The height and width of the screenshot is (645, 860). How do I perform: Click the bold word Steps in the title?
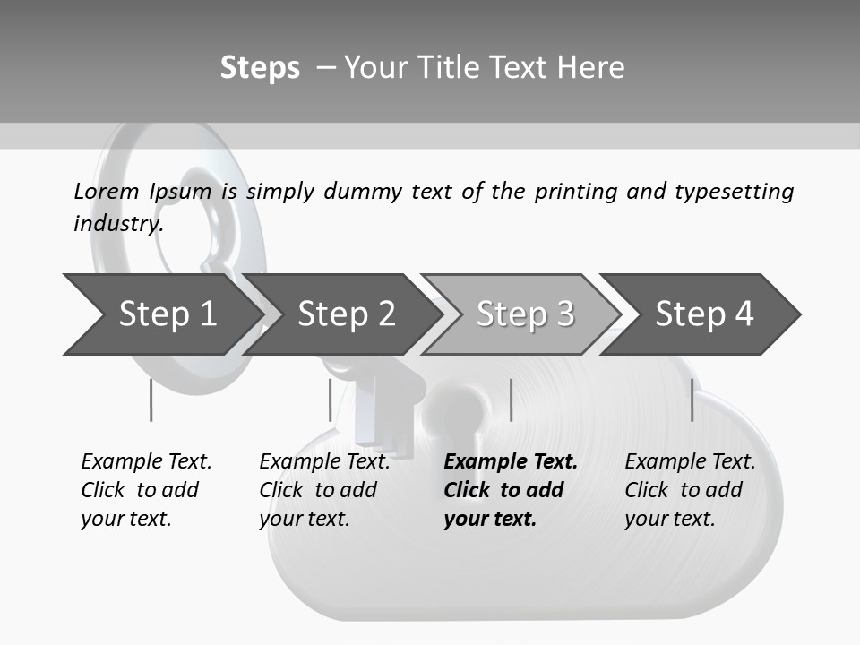click(x=260, y=68)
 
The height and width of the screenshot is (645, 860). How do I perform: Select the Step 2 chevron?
click(x=346, y=314)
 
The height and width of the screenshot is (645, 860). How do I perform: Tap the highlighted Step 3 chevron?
click(x=525, y=314)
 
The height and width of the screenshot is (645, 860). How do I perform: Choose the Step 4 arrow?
click(x=704, y=314)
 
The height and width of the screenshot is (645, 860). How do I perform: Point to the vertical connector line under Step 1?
click(x=150, y=400)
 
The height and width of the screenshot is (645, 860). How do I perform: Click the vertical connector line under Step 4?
click(x=692, y=400)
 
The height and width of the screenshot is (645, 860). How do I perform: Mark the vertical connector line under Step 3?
click(x=511, y=400)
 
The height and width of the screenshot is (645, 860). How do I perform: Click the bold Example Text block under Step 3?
click(x=510, y=490)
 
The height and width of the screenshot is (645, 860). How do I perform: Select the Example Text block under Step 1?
click(x=146, y=490)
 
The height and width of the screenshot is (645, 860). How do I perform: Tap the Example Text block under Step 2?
click(x=324, y=490)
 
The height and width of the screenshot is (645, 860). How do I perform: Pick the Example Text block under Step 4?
click(x=690, y=490)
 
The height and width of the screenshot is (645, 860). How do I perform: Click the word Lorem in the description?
click(x=106, y=191)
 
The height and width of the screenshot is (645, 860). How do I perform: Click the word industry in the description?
click(x=118, y=224)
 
